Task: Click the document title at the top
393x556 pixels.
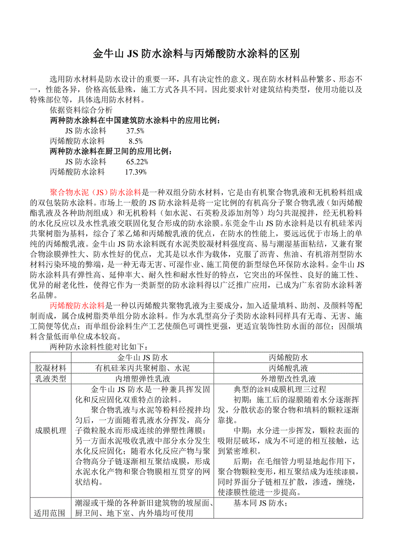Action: (x=196, y=54)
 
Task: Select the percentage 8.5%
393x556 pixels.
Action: (x=135, y=141)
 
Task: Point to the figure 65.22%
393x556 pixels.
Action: (x=137, y=162)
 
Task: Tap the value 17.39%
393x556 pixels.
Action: (x=135, y=172)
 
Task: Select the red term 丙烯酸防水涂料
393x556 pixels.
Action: (x=77, y=305)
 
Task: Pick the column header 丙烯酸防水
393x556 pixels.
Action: (x=288, y=357)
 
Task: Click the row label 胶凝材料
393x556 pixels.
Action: (x=50, y=368)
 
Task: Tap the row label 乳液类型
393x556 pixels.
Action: (x=50, y=379)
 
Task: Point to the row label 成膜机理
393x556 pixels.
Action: (x=50, y=430)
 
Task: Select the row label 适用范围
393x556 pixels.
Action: (x=50, y=513)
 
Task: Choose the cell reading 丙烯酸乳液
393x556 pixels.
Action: (x=288, y=368)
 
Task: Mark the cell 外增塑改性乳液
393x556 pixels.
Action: (x=288, y=379)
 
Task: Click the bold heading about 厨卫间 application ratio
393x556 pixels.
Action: (x=111, y=152)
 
